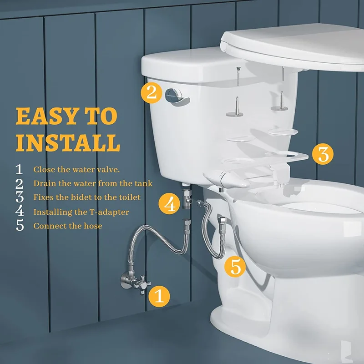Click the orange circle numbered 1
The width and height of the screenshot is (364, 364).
pos(159,296)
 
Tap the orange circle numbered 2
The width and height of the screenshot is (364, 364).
pos(152,93)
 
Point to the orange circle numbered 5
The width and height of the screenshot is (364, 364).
pos(235,267)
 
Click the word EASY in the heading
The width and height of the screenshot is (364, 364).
pos(46,116)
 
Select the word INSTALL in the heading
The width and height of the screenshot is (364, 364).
pos(68,142)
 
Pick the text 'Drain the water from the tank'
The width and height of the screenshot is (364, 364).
pos(93,183)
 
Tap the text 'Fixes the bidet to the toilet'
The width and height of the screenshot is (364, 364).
pos(87,197)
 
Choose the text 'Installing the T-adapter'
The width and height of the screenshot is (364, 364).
pos(81,212)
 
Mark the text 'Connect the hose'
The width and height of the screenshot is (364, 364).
pos(68,226)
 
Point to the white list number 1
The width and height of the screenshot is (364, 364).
pos(19,169)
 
